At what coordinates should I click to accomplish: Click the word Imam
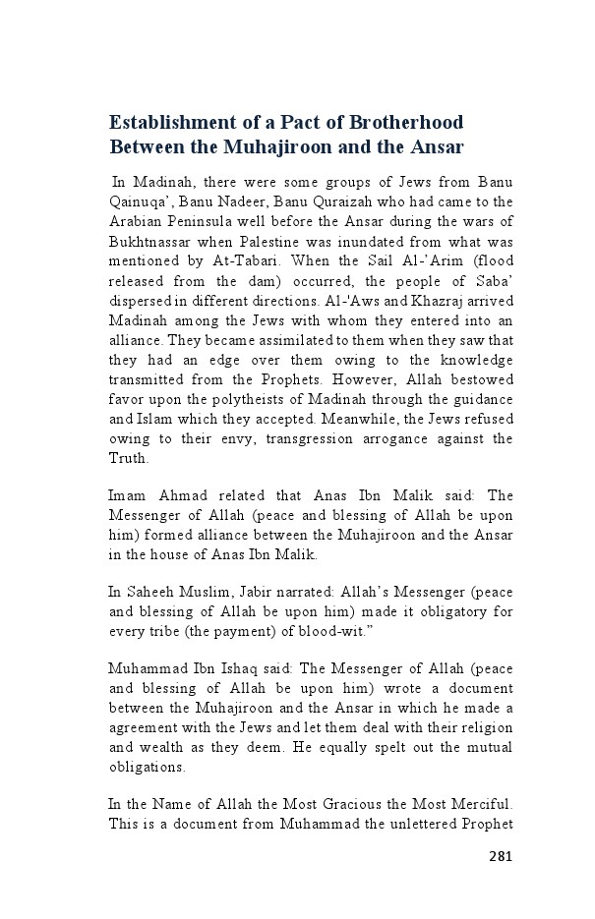pyautogui.click(x=128, y=496)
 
